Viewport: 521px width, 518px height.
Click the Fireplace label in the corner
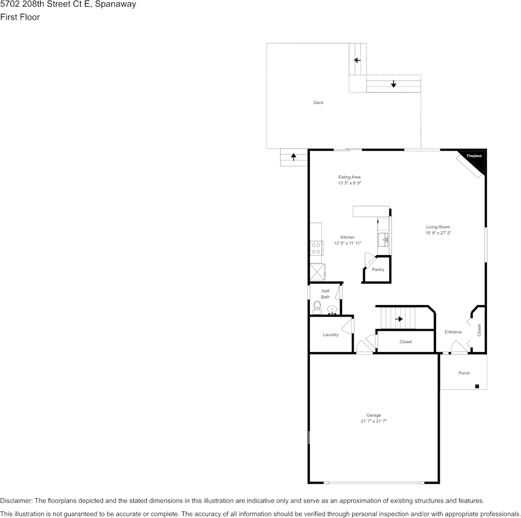pos(474,156)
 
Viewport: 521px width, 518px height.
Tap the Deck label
pos(318,102)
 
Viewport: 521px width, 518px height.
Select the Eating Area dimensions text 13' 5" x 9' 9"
pos(349,183)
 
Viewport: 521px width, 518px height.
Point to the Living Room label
pos(438,227)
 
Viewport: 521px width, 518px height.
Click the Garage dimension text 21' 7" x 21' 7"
pos(373,421)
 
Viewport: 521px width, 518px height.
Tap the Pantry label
pos(378,269)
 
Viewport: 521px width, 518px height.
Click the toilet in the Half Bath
pos(317,307)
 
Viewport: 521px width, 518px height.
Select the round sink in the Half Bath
pos(332,310)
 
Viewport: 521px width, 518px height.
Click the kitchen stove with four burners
pos(316,249)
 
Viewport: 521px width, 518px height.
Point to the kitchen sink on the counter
pos(384,239)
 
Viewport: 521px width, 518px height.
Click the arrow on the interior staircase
pos(399,319)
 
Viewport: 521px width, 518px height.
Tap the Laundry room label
pos(330,335)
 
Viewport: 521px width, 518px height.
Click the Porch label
pos(464,373)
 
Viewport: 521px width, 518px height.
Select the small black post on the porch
pos(477,387)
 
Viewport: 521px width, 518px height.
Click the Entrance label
pos(453,332)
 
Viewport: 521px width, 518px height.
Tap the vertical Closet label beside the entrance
pos(479,330)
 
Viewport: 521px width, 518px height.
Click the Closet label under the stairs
pos(405,342)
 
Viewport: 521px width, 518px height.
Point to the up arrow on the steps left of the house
pos(293,157)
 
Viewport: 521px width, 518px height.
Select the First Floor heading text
pos(20,17)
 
